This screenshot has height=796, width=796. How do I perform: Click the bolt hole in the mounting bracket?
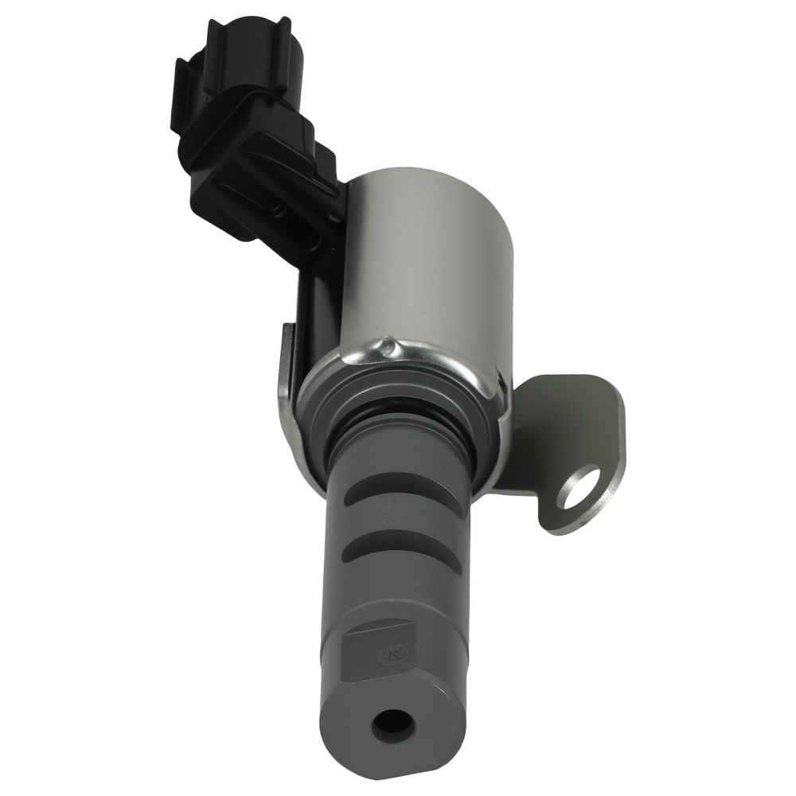point(583,489)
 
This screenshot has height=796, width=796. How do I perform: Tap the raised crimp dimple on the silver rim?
point(388,347)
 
